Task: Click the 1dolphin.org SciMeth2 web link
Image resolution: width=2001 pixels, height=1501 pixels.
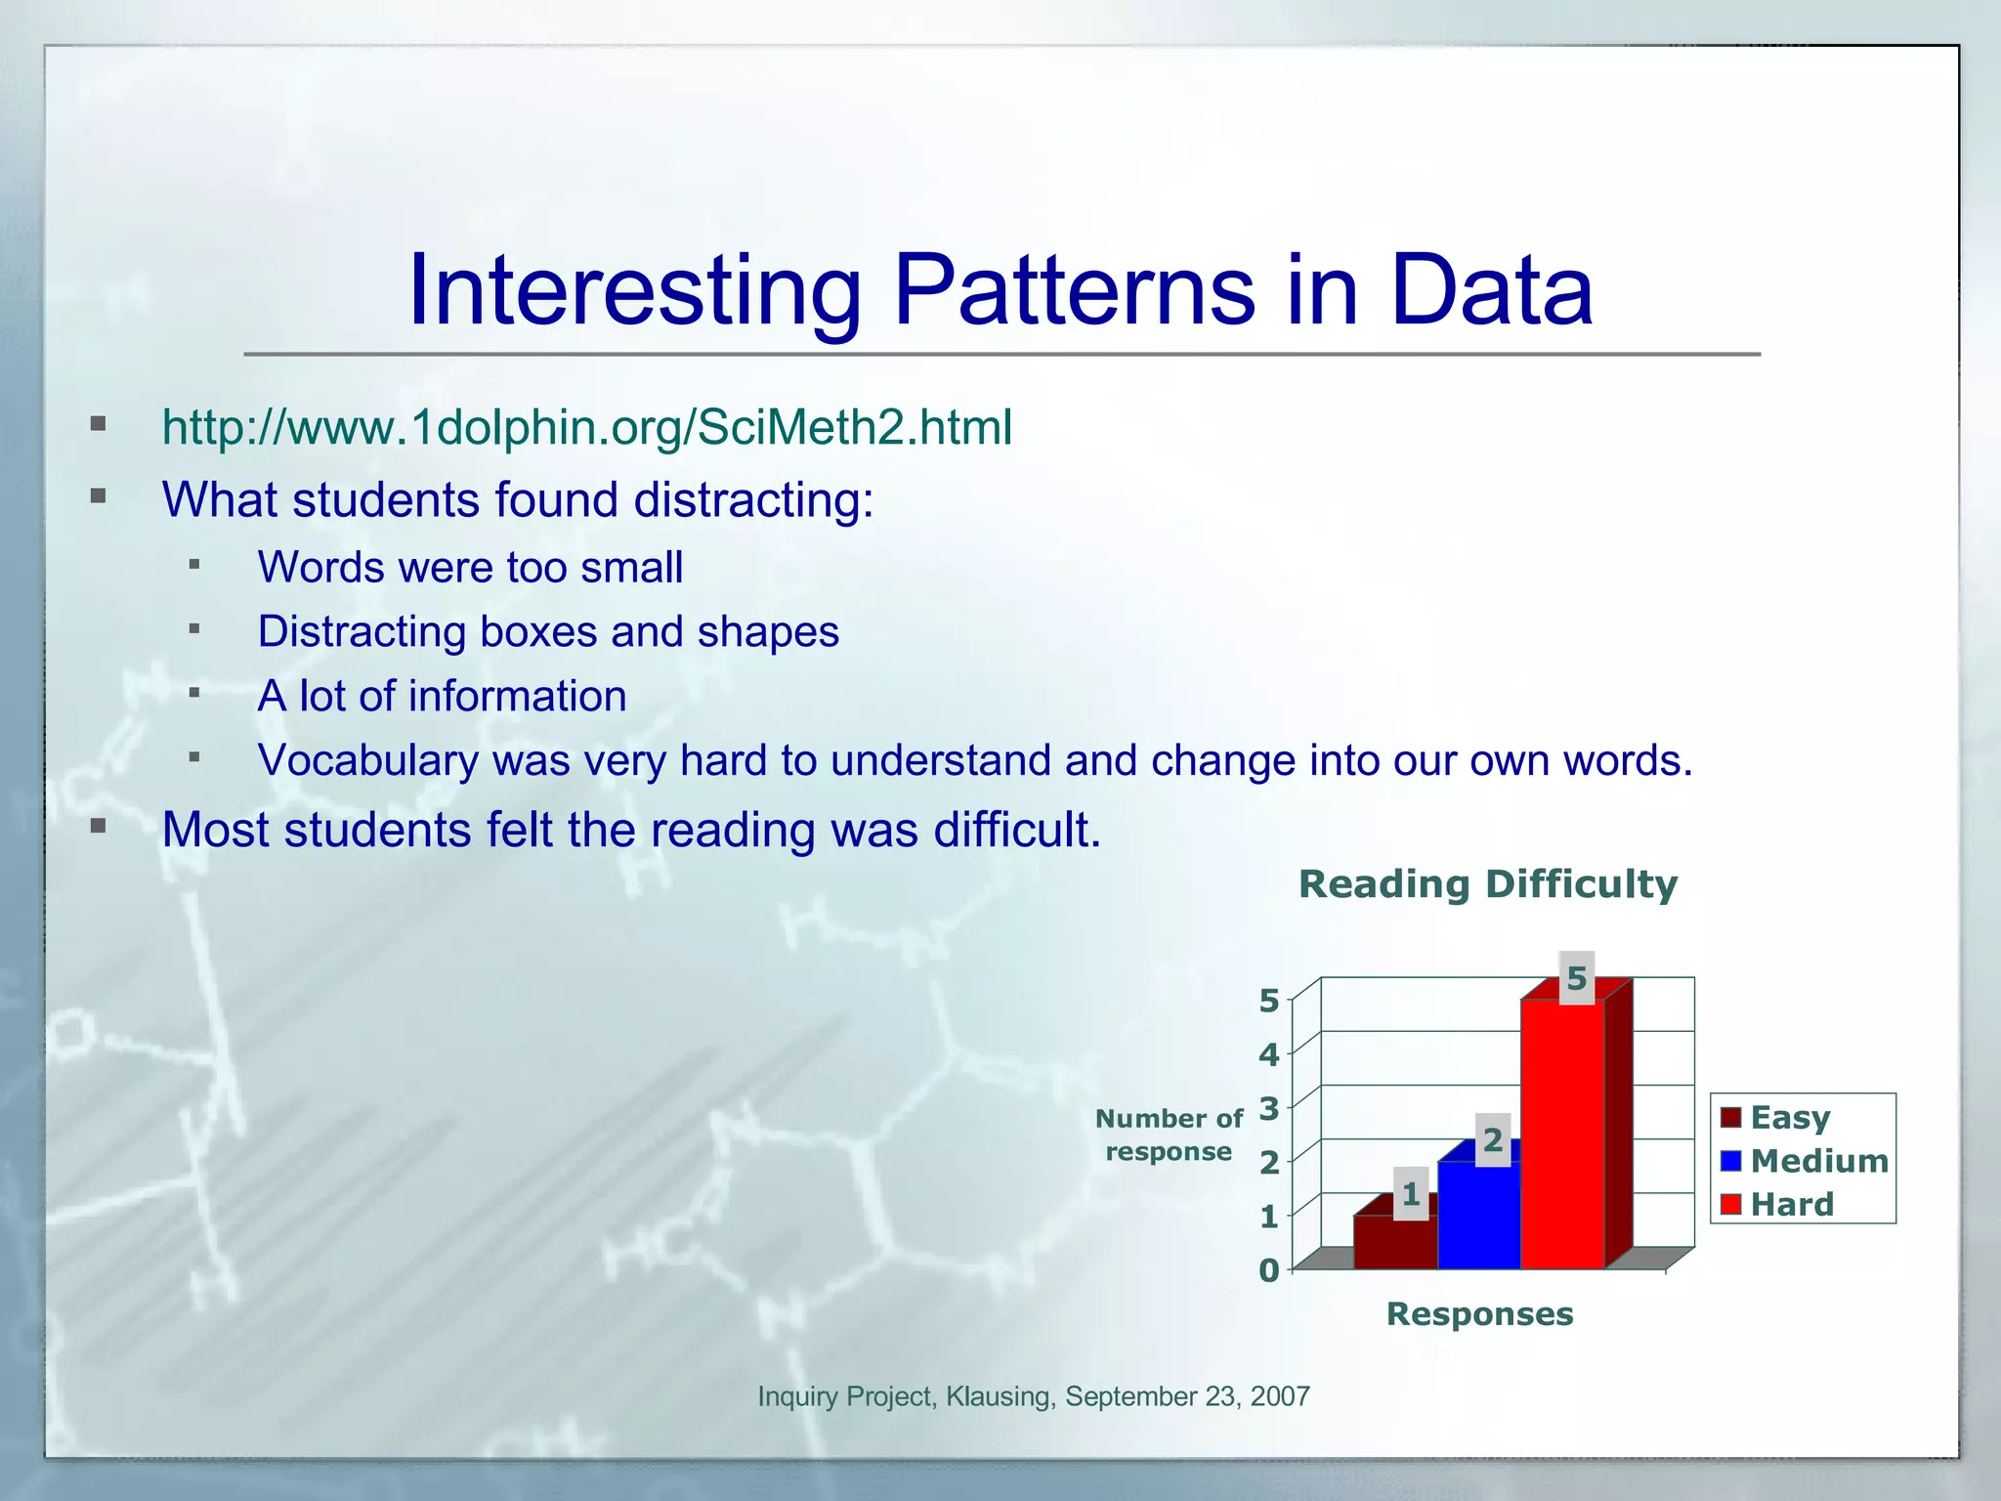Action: tap(586, 428)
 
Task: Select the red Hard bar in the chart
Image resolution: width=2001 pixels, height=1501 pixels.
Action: tap(1561, 1134)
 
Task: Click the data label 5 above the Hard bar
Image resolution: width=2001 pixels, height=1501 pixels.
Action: tap(1576, 978)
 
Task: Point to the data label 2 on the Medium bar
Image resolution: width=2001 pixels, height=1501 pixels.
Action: tap(1492, 1139)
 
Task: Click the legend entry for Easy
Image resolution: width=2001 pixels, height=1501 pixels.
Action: tap(1789, 1117)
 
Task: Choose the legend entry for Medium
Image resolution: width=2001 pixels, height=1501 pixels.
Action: tap(1818, 1161)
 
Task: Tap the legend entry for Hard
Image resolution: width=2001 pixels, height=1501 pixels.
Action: tap(1791, 1204)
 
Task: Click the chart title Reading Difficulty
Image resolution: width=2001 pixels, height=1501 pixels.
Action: tap(1487, 884)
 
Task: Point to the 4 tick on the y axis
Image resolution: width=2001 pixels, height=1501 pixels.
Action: tap(1268, 1054)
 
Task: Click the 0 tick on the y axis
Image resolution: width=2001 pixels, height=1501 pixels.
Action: tap(1268, 1270)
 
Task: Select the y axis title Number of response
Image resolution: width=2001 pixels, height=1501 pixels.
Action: tap(1169, 1135)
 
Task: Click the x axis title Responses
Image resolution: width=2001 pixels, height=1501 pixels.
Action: tap(1479, 1314)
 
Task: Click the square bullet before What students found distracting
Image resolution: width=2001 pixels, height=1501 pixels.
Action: tap(98, 496)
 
